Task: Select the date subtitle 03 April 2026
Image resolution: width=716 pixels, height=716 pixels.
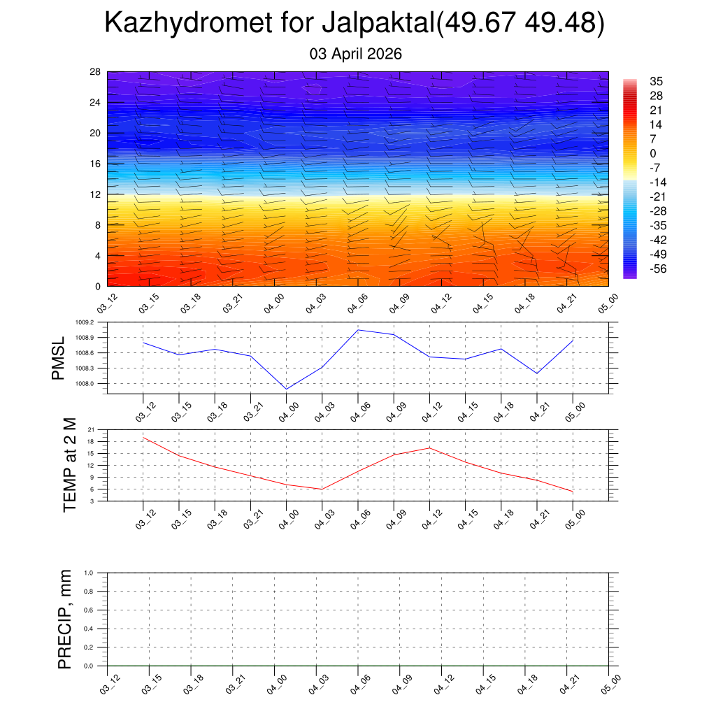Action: point(356,54)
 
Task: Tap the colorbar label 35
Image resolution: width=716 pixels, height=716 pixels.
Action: point(656,81)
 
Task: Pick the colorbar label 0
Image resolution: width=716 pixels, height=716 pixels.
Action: point(653,153)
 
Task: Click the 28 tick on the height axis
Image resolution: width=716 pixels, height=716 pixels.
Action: point(96,72)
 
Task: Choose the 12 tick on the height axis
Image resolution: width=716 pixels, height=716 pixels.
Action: point(96,194)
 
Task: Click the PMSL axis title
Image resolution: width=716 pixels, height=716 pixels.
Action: point(59,358)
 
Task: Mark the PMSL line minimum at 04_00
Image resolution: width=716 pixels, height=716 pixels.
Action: point(287,389)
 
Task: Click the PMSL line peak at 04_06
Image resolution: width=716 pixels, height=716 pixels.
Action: point(359,330)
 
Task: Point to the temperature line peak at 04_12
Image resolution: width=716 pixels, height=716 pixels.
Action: point(430,447)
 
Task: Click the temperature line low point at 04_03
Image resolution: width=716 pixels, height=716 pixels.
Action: point(322,489)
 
